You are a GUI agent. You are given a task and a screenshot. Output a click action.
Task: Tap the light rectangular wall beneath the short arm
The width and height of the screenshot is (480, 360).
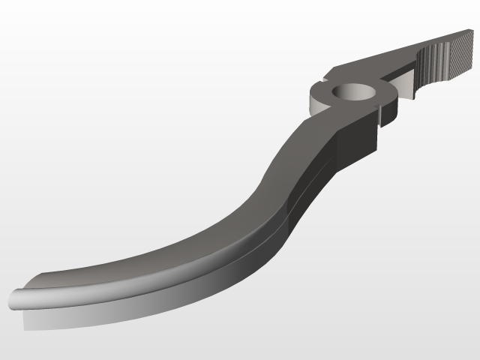[405, 85]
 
